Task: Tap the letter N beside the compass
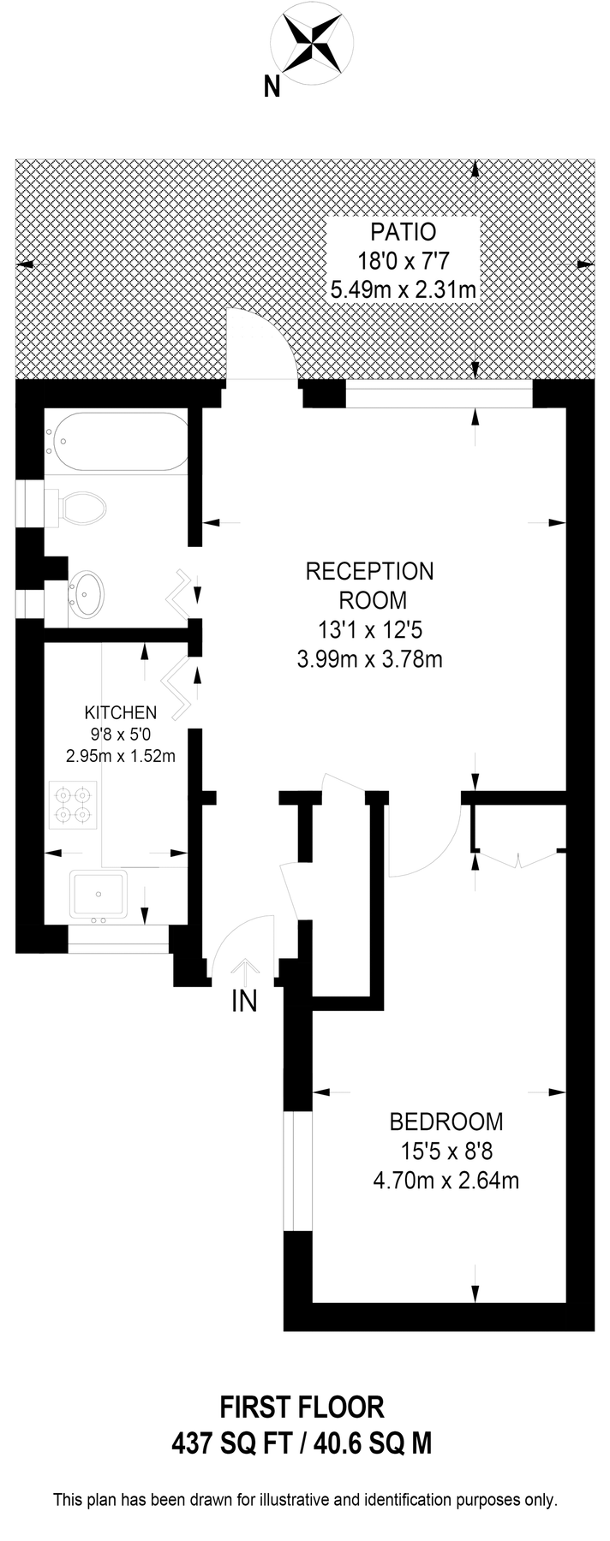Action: tap(272, 86)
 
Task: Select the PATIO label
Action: tap(403, 232)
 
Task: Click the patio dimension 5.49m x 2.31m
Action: tap(403, 290)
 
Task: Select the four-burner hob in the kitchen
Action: tap(74, 805)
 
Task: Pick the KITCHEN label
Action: tap(120, 712)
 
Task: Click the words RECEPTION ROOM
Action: tap(370, 586)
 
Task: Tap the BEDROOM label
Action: tap(446, 1121)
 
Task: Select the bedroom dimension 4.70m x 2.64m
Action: tap(446, 1181)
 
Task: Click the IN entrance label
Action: tap(245, 1001)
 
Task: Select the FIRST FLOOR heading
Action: tap(302, 1407)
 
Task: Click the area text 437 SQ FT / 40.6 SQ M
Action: tap(302, 1444)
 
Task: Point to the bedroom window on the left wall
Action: tap(298, 1172)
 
